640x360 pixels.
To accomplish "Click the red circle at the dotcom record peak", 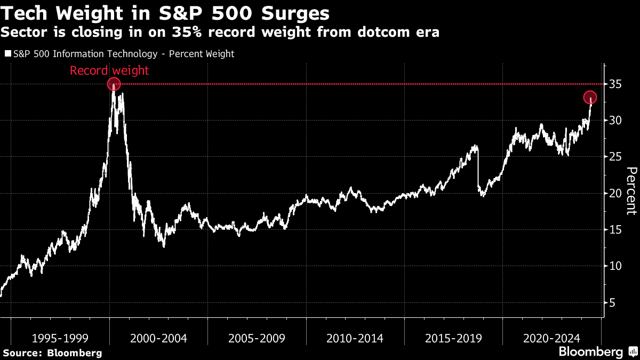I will click(114, 84).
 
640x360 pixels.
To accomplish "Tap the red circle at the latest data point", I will click(589, 98).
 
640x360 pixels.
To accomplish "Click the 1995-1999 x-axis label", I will click(60, 338).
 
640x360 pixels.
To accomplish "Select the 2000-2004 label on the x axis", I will click(158, 338).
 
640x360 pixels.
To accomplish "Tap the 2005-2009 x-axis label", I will click(257, 338).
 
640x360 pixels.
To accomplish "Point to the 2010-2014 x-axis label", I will click(355, 338).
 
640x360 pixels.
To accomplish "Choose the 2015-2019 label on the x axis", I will click(453, 338).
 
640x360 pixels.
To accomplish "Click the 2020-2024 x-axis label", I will click(551, 338).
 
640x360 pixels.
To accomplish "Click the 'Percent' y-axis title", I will click(631, 190).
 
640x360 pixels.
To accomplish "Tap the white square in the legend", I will click(7, 54).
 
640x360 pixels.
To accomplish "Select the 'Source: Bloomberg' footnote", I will click(52, 353).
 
